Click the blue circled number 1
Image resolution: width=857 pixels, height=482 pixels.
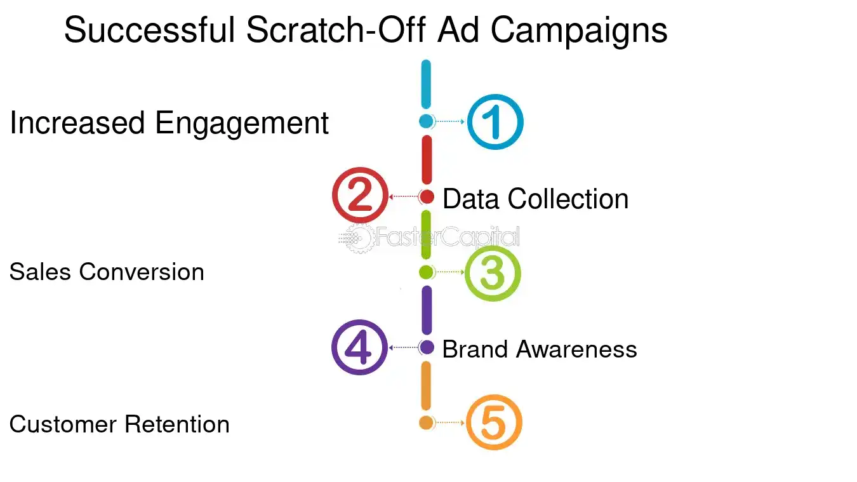495,122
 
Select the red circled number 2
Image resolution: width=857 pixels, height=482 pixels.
360,196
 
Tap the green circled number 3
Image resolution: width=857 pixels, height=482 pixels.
493,272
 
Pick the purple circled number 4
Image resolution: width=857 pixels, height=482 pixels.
359,347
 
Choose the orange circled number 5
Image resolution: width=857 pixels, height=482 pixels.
494,423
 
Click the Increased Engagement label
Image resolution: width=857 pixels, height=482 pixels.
169,123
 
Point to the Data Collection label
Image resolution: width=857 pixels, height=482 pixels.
535,199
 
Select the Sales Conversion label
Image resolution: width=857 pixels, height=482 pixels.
107,272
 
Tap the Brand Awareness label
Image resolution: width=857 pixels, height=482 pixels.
540,349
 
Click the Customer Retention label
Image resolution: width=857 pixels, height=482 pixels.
119,424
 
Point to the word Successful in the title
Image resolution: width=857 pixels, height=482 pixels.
150,30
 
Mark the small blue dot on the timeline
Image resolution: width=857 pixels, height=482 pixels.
426,121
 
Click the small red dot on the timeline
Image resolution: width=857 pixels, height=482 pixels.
427,197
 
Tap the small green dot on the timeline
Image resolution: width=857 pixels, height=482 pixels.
426,272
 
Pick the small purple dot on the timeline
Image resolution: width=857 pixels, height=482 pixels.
427,347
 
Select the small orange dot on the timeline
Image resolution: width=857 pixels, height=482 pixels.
426,423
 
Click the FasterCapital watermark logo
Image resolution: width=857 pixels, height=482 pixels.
429,238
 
